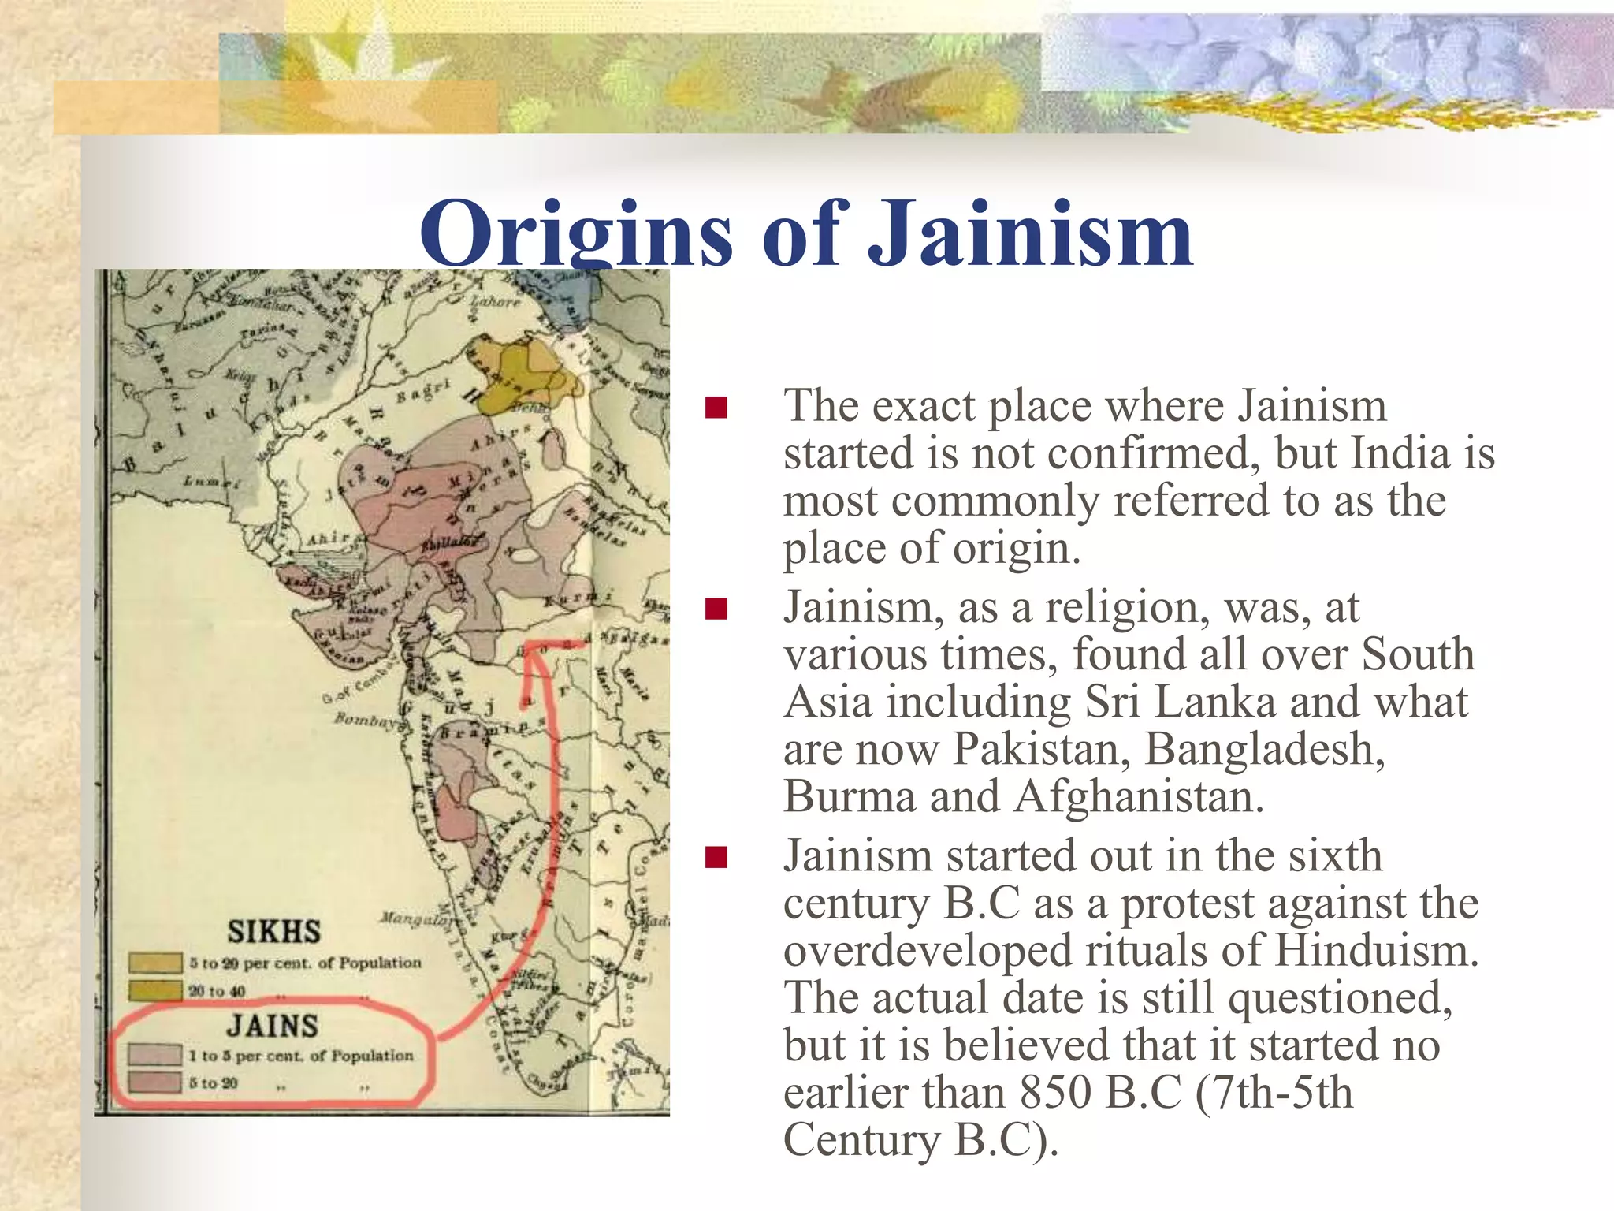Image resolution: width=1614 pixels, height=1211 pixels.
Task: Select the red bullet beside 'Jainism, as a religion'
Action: click(716, 609)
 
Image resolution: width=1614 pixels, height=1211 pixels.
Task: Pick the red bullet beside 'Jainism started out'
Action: click(716, 857)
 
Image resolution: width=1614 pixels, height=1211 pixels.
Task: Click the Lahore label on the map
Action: click(496, 301)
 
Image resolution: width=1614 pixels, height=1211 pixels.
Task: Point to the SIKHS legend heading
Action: click(273, 932)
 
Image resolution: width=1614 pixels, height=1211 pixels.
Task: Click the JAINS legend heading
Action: click(273, 1026)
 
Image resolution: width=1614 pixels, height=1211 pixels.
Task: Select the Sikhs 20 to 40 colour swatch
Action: click(155, 990)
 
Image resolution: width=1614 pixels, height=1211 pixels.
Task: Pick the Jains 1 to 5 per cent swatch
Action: click(155, 1055)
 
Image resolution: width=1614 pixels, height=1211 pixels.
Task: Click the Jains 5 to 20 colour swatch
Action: click(155, 1082)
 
